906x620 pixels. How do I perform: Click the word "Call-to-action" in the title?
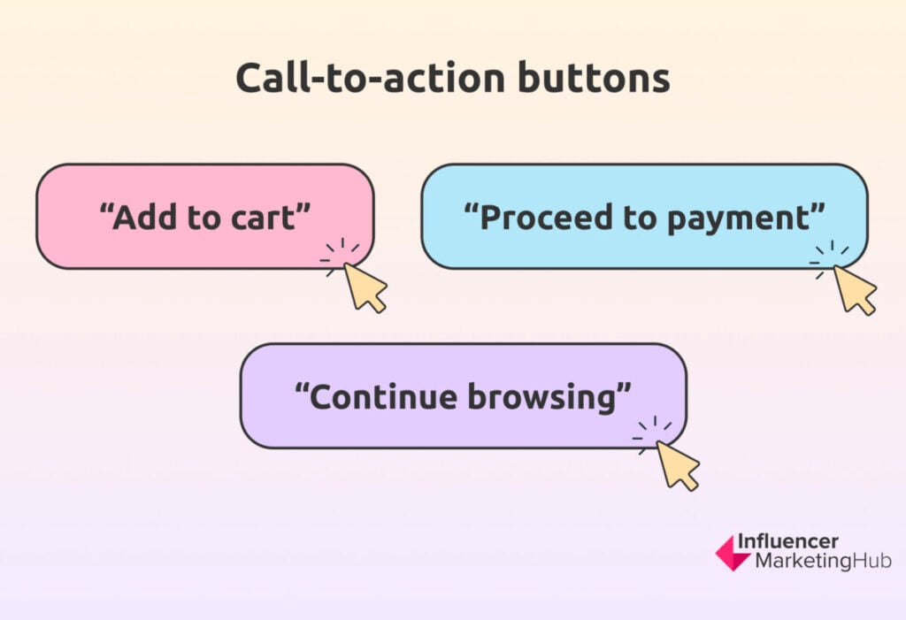(371, 78)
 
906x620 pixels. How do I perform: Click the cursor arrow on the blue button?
(855, 289)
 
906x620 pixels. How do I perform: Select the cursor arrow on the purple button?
(678, 466)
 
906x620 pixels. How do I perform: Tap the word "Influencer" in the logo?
(787, 541)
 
